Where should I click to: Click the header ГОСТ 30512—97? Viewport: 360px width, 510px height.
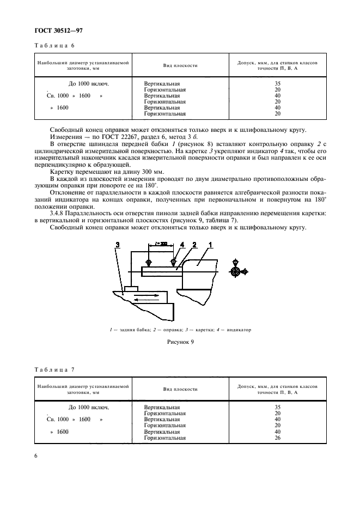[x=58, y=31]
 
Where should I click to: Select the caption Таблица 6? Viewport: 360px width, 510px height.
[x=54, y=46]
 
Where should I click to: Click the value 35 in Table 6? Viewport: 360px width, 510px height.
[x=277, y=83]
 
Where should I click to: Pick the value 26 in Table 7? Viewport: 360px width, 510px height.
[x=277, y=438]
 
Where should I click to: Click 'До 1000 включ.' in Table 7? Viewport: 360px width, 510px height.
[x=89, y=407]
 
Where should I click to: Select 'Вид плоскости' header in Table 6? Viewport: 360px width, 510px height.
[x=180, y=65]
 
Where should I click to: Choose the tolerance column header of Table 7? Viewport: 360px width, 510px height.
[x=277, y=390]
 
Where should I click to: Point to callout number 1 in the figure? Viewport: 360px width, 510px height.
[x=210, y=245]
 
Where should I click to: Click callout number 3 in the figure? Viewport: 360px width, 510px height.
[x=118, y=245]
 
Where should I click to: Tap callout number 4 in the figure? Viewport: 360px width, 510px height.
[x=182, y=245]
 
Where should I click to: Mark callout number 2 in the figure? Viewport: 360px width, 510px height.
[x=194, y=245]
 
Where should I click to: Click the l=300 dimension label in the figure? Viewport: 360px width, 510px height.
[x=161, y=244]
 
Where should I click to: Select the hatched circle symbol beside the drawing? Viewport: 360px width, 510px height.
[x=235, y=272]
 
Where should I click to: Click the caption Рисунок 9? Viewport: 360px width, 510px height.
[x=180, y=342]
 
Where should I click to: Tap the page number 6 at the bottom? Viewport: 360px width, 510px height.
[x=36, y=456]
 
